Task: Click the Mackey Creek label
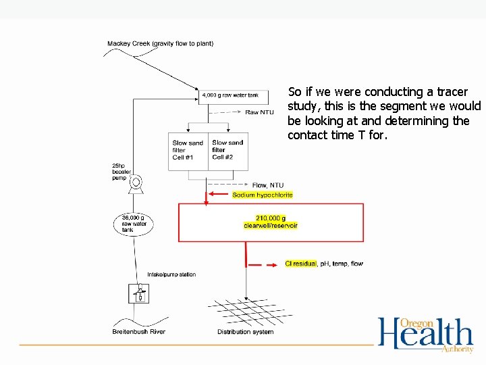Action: pyautogui.click(x=160, y=44)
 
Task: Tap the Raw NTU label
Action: pyautogui.click(x=259, y=112)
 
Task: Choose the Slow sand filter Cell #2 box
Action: pyautogui.click(x=228, y=150)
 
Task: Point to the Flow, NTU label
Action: pyautogui.click(x=267, y=185)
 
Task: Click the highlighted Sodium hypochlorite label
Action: pyautogui.click(x=263, y=195)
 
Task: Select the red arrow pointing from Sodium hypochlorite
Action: pyautogui.click(x=219, y=195)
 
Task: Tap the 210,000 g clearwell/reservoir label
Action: pyautogui.click(x=271, y=222)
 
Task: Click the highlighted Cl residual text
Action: pyautogui.click(x=300, y=264)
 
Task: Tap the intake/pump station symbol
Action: pyautogui.click(x=139, y=294)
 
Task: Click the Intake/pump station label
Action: pyautogui.click(x=171, y=274)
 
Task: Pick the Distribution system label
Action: pyautogui.click(x=245, y=332)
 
